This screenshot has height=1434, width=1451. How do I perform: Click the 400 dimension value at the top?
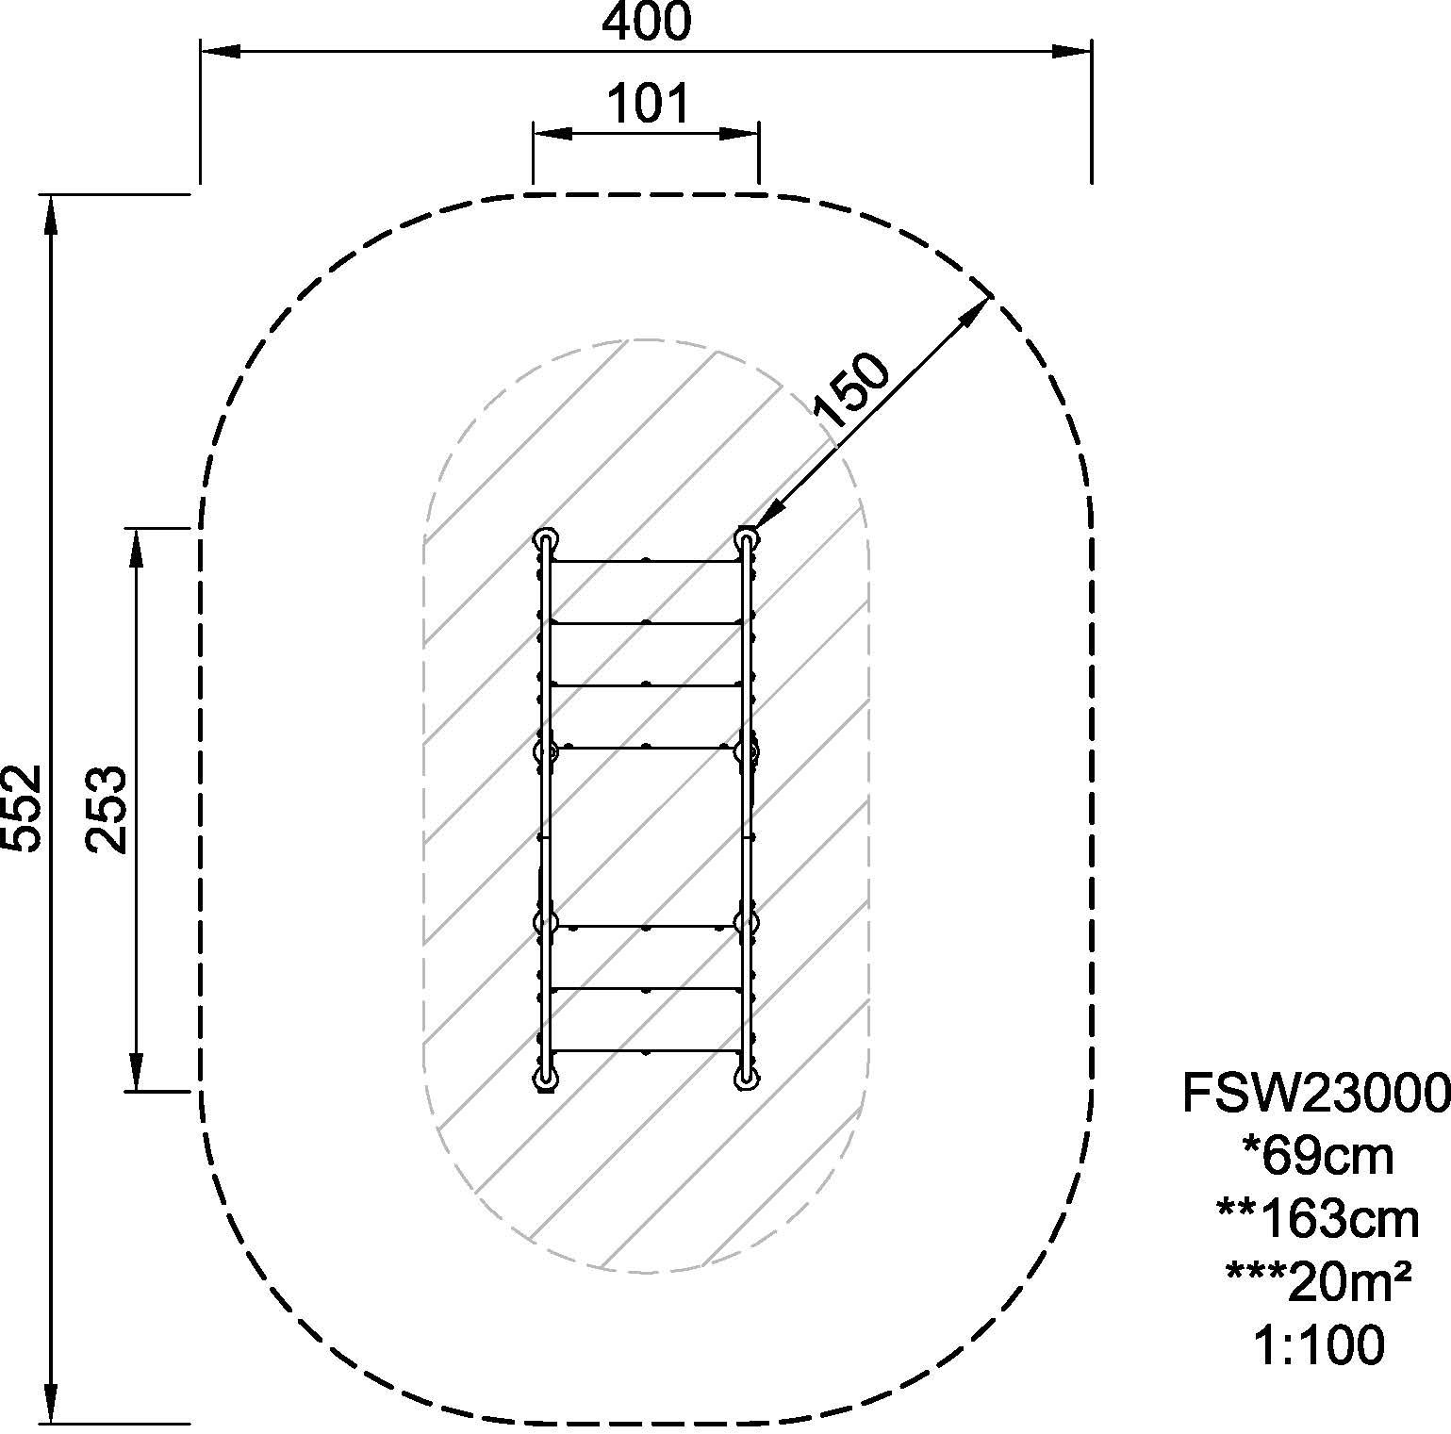646,22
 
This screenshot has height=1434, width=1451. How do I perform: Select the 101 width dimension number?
647,104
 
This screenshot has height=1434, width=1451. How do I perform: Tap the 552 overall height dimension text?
23,807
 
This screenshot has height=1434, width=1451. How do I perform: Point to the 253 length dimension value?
107,809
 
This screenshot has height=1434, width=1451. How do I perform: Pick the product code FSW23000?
1316,1094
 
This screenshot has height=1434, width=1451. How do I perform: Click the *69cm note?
1317,1157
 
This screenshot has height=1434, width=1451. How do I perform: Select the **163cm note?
1317,1220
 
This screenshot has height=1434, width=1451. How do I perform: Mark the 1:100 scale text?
1319,1345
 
